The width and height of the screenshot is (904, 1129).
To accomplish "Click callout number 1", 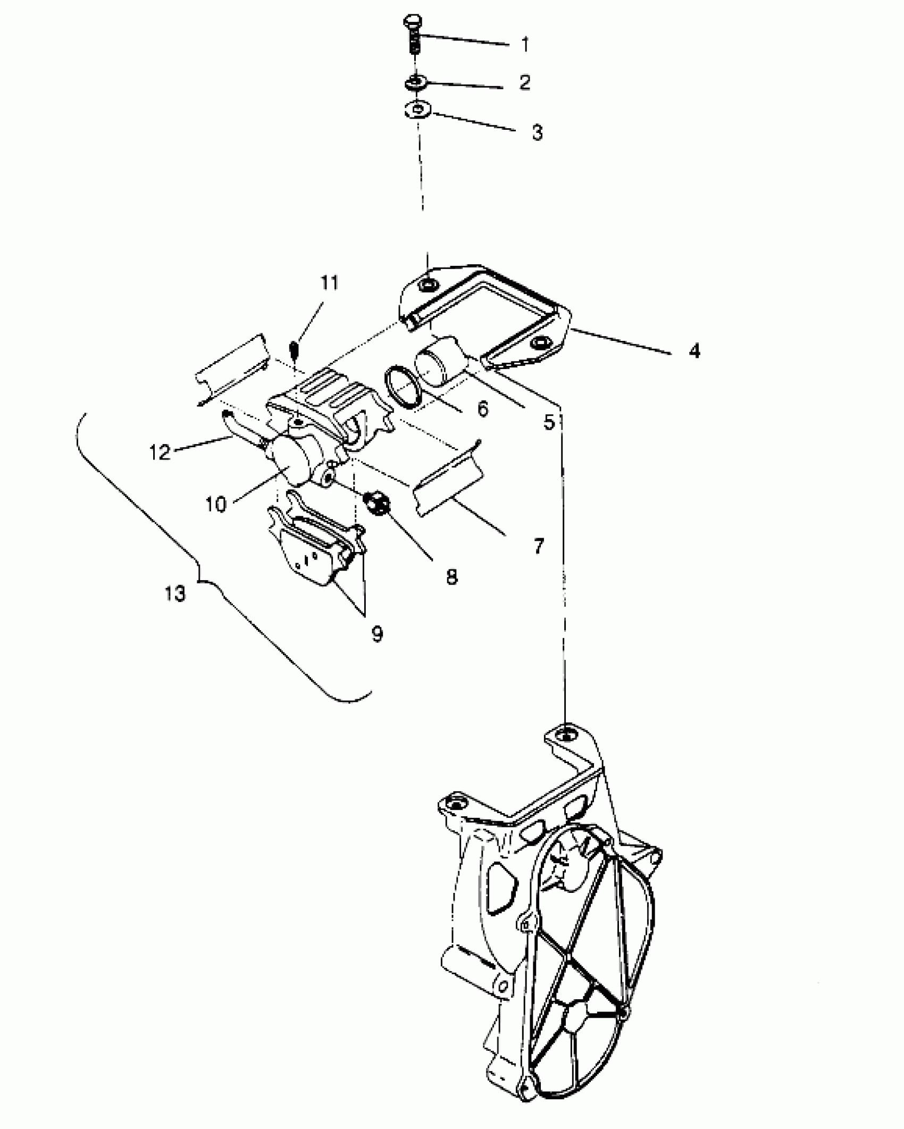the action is click(525, 45).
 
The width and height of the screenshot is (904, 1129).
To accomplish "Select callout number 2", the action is click(524, 82).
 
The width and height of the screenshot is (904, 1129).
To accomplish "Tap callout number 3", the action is click(537, 132).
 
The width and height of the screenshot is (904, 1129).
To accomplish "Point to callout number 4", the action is click(694, 351).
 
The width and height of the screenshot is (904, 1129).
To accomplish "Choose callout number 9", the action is click(377, 633).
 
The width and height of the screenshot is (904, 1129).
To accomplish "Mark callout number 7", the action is click(538, 546).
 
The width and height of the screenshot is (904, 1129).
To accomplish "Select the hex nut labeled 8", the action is click(376, 502).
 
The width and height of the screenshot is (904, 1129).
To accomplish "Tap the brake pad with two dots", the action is click(314, 558).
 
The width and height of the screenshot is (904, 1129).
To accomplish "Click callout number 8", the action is click(451, 577).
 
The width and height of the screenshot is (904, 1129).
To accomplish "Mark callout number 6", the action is click(482, 408).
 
